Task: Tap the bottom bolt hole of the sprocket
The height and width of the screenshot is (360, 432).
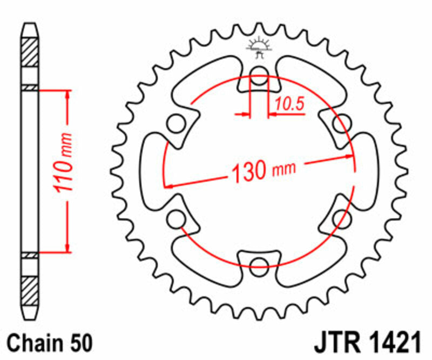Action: pos(259,263)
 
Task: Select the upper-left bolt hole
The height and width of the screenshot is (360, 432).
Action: pos(175,123)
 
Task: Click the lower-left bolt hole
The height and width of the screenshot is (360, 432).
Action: pos(175,219)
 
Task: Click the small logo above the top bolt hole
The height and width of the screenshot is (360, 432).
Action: pos(259,46)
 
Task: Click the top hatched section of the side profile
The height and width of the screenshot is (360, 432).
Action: pos(30,52)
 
